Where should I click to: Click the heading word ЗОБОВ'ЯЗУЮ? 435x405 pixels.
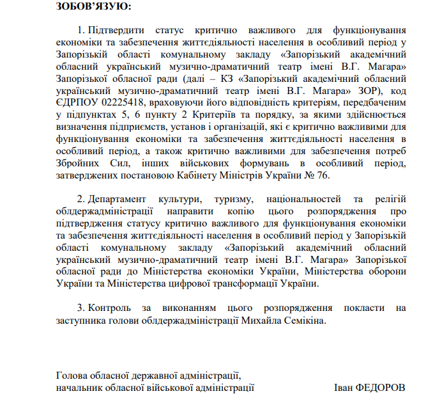pos(93,8)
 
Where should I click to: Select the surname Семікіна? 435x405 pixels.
pos(303,321)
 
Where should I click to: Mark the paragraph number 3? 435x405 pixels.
pos(80,308)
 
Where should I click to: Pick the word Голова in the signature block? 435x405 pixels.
pos(72,376)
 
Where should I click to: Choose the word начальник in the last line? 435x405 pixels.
pos(79,388)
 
